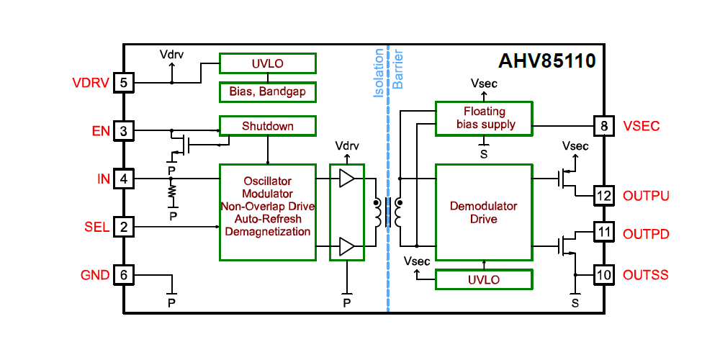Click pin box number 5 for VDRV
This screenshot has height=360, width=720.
[124, 83]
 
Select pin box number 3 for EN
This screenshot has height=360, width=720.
[124, 130]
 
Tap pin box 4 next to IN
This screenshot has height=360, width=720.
[124, 178]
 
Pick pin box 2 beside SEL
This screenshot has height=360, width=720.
[124, 227]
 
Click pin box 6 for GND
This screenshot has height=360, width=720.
[124, 274]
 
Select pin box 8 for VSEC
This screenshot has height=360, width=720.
[603, 126]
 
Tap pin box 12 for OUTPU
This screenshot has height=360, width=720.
[603, 195]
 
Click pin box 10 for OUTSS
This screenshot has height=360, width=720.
[603, 274]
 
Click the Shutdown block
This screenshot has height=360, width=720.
[267, 126]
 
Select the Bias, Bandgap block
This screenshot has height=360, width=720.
[267, 92]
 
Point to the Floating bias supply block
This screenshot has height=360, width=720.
[484, 118]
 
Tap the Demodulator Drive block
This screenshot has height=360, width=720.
[484, 212]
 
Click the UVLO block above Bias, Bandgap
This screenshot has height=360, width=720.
[267, 63]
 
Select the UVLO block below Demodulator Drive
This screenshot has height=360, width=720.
[484, 279]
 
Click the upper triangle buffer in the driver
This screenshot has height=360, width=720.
[347, 179]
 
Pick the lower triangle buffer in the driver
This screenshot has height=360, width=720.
[347, 247]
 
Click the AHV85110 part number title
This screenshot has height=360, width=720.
[547, 61]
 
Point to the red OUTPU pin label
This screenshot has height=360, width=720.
[646, 196]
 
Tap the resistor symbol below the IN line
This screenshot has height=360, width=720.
[171, 191]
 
